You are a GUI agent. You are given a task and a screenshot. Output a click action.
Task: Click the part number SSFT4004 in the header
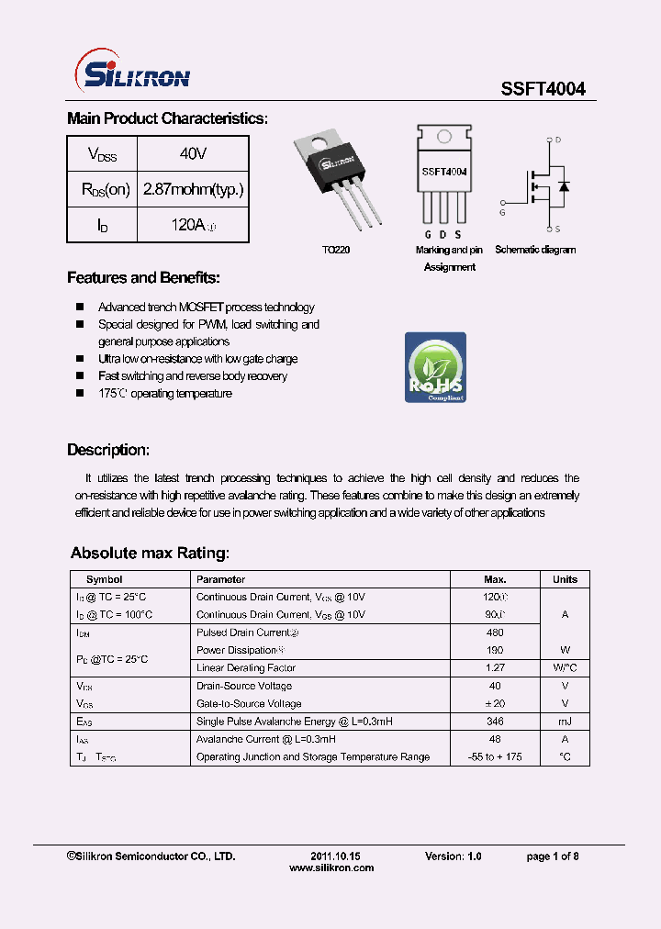pyautogui.click(x=543, y=89)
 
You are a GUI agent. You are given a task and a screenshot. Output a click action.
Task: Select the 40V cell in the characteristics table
pyautogui.click(x=193, y=153)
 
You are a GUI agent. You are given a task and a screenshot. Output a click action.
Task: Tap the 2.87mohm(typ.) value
pyautogui.click(x=193, y=190)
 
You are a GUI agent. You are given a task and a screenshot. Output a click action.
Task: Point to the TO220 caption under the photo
pyautogui.click(x=335, y=250)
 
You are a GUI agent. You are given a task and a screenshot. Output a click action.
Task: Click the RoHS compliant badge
pyautogui.click(x=435, y=367)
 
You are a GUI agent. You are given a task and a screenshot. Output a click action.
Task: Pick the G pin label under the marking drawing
pyautogui.click(x=427, y=236)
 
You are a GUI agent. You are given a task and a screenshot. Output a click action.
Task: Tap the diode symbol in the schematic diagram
pyautogui.click(x=564, y=186)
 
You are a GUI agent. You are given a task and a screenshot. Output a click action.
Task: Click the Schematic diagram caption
pyautogui.click(x=535, y=250)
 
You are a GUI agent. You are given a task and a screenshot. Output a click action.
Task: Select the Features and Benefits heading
pyautogui.click(x=143, y=278)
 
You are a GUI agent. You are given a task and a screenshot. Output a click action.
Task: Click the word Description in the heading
pyautogui.click(x=107, y=450)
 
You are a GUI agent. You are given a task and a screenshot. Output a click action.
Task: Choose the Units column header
pyautogui.click(x=565, y=579)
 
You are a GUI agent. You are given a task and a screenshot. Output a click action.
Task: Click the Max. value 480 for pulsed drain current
pyautogui.click(x=495, y=632)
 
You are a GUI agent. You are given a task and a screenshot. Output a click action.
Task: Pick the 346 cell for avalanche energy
pyautogui.click(x=495, y=722)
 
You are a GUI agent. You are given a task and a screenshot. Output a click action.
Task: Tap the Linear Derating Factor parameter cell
pyautogui.click(x=245, y=668)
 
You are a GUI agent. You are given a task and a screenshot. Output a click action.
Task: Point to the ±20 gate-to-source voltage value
pyautogui.click(x=495, y=703)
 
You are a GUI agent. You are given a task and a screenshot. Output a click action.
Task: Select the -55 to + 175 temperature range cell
pyautogui.click(x=495, y=757)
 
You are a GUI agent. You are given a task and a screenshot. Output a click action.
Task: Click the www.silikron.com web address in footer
pyautogui.click(x=331, y=867)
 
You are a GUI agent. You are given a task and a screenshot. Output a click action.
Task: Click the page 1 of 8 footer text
pyautogui.click(x=552, y=856)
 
